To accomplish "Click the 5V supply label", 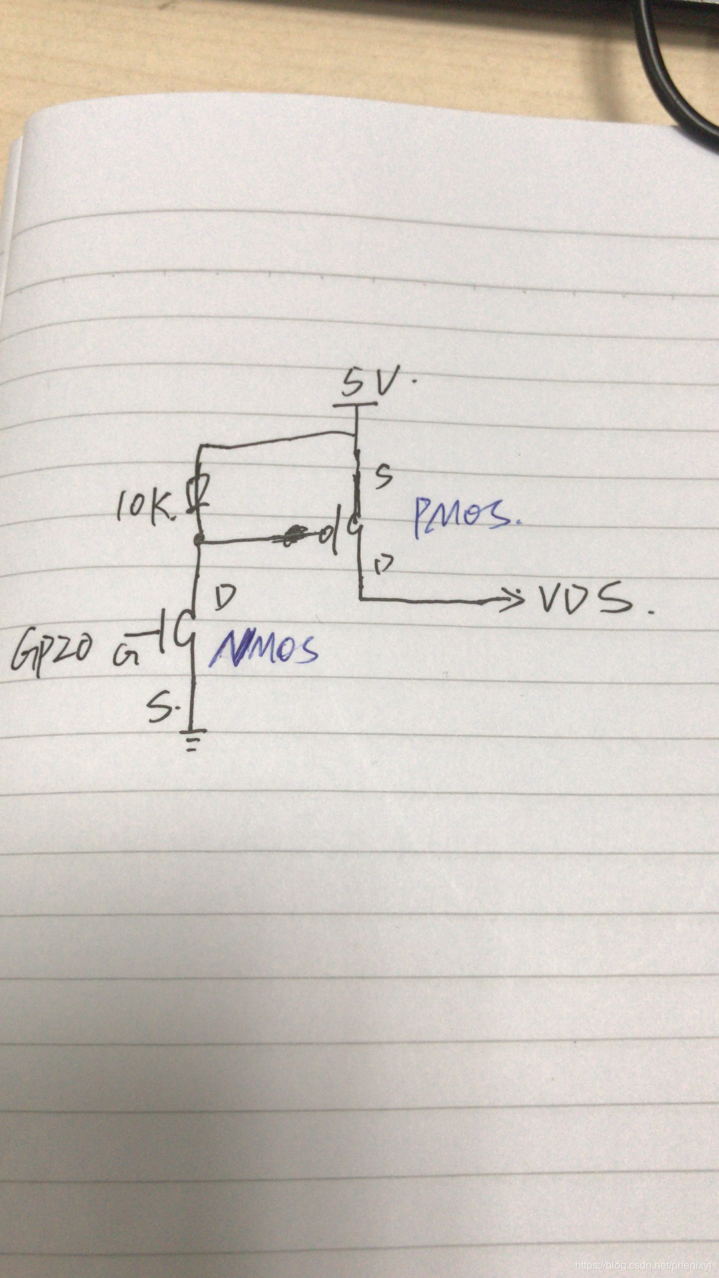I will pos(371,383).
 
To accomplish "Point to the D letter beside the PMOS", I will pos(383,566).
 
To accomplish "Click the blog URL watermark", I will pos(644,1264).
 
